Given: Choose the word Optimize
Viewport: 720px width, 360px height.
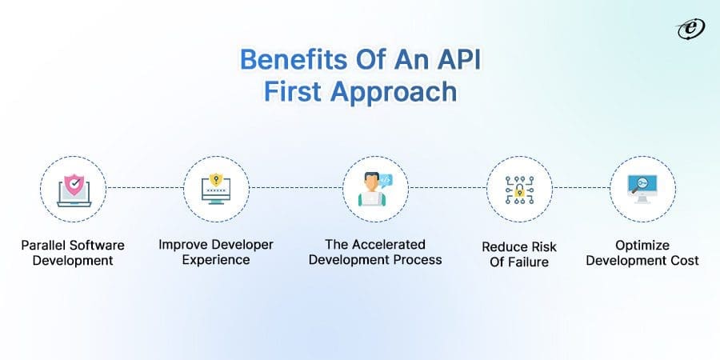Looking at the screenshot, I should [642, 245].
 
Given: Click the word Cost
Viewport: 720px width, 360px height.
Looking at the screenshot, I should [684, 260].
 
